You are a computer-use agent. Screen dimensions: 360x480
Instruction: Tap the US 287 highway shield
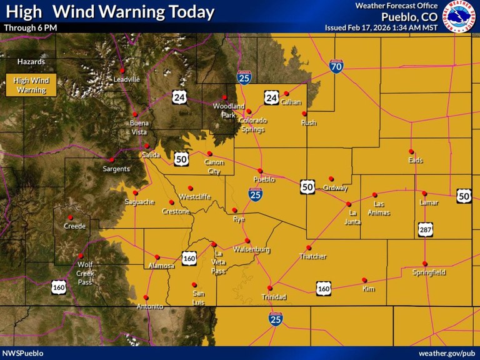pos(424,230)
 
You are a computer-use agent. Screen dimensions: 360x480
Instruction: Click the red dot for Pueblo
pos(260,171)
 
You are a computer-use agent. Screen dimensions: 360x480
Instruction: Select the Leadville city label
pos(127,79)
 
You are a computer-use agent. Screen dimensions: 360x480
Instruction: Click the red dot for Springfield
pos(425,263)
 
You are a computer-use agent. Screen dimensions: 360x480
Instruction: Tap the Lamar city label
pos(429,202)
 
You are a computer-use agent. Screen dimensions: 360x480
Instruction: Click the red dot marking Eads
pos(411,151)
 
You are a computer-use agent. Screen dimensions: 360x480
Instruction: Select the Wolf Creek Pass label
pos(86,273)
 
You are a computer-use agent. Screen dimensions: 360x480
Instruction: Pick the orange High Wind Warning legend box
pos(31,85)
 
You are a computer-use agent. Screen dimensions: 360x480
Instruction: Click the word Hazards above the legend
pos(31,62)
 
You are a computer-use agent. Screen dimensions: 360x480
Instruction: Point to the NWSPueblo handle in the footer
pos(23,353)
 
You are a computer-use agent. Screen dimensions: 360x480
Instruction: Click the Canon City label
pos(214,166)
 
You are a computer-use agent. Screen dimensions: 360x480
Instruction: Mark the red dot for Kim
pos(364,280)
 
